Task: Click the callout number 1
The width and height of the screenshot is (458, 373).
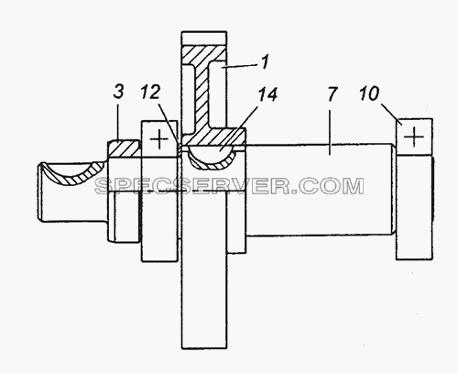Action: click(266, 61)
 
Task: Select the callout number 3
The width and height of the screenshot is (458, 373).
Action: click(118, 92)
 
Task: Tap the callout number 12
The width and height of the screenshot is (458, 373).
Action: click(150, 92)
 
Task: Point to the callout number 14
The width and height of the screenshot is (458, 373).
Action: click(267, 93)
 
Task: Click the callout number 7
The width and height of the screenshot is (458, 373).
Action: click(333, 94)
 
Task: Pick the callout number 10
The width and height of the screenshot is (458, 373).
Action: click(369, 93)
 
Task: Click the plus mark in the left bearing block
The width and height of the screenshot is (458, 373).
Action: click(159, 139)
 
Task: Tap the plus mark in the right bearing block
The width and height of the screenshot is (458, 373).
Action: click(414, 137)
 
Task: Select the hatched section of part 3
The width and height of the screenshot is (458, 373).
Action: click(123, 148)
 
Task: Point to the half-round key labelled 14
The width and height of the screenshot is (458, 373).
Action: click(213, 157)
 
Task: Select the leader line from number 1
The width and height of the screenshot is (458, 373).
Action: click(241, 66)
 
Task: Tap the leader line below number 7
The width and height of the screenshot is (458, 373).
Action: click(330, 133)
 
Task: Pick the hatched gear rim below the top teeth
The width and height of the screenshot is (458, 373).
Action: click(204, 55)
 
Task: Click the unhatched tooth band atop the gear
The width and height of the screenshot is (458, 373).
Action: click(204, 38)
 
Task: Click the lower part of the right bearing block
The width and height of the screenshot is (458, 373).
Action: click(414, 207)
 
